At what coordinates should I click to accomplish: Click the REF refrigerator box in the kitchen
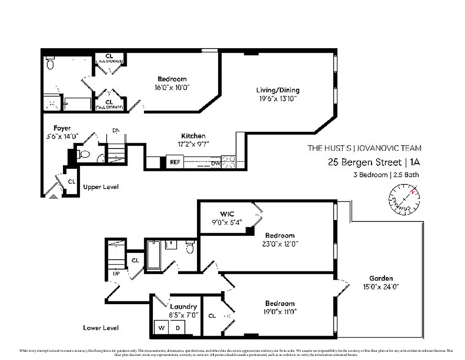pos(174,162)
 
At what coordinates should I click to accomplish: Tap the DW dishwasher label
pos(215,163)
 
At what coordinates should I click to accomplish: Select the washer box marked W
pos(161,328)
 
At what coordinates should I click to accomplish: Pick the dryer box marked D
pos(178,328)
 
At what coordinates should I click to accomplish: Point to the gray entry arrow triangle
pos(54,196)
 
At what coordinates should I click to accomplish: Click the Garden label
pos(381,278)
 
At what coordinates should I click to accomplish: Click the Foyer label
pos(62,128)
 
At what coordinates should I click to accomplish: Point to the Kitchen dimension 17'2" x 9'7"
pos(193,144)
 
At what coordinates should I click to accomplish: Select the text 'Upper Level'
pos(101,187)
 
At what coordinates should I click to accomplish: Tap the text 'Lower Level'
pos(101,328)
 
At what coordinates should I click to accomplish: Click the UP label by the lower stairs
pos(116,273)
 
